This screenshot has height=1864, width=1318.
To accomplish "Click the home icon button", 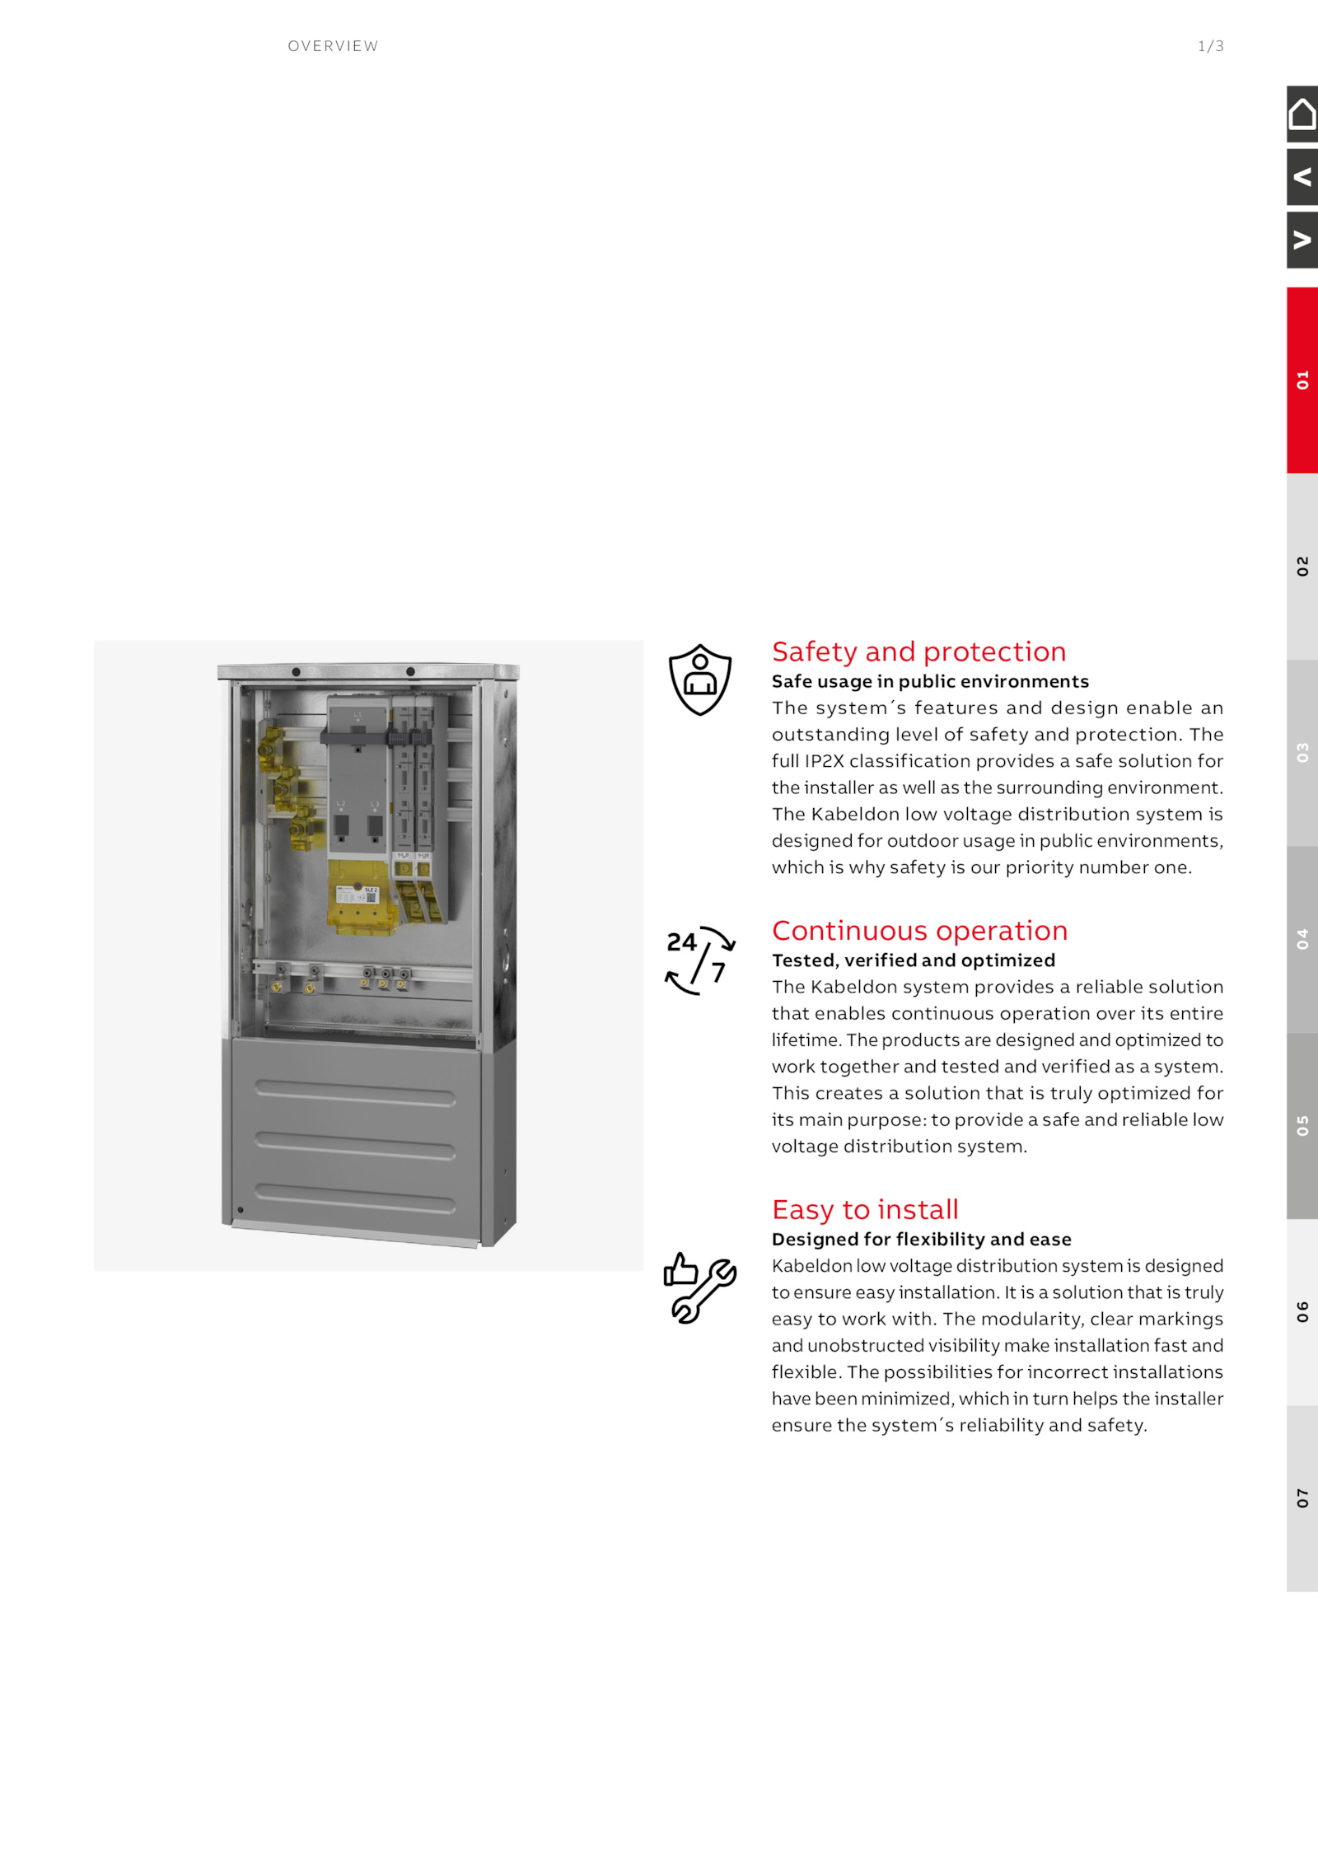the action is pos(1302,114).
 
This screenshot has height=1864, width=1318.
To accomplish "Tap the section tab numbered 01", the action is pos(1302,380).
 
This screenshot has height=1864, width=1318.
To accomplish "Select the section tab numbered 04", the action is pos(1302,939).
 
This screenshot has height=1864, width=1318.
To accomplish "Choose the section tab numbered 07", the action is pos(1302,1497).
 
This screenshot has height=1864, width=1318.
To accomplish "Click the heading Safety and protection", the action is pos(918,652).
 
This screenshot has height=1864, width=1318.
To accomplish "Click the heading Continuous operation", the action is pos(919,931).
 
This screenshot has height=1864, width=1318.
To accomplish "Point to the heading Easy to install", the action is pos(865,1209).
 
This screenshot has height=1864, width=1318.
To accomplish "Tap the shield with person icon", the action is pos(700,680).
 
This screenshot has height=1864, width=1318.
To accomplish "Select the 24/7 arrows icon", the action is pos(700,960).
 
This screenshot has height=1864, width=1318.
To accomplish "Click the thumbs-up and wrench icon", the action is pos(700,1287).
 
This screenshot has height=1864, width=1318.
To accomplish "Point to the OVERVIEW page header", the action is pos(333,46).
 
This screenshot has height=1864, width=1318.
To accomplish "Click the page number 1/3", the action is pos(1211,46).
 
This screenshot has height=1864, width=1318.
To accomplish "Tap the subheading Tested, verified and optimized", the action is pos(914,960).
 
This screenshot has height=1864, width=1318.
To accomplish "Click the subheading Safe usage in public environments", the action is pos(930,681).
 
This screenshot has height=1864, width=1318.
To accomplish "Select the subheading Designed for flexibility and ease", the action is pos(922,1239).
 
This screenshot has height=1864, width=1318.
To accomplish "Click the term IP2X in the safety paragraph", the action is pos(824,761).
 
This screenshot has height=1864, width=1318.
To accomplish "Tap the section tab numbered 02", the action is pos(1302,566).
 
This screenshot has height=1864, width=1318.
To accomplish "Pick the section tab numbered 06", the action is pos(1302,1311).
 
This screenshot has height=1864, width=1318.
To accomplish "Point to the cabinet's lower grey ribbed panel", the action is pos(356,1141).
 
